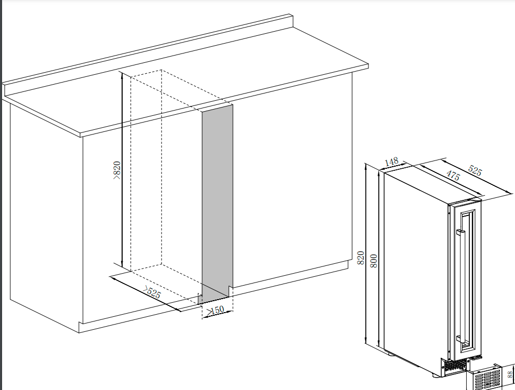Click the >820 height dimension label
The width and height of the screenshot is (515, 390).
(117, 170)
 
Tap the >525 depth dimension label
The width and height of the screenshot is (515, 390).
(152, 292)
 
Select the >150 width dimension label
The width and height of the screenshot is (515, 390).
(215, 310)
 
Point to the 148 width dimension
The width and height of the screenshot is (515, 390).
(391, 162)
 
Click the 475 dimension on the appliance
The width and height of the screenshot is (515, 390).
(453, 175)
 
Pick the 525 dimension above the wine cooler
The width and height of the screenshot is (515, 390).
(475, 171)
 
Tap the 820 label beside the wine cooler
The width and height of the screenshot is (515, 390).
(361, 258)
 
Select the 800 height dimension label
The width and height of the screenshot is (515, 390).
(374, 261)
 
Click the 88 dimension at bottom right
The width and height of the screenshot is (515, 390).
(510, 374)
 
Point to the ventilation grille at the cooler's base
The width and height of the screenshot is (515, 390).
(455, 367)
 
